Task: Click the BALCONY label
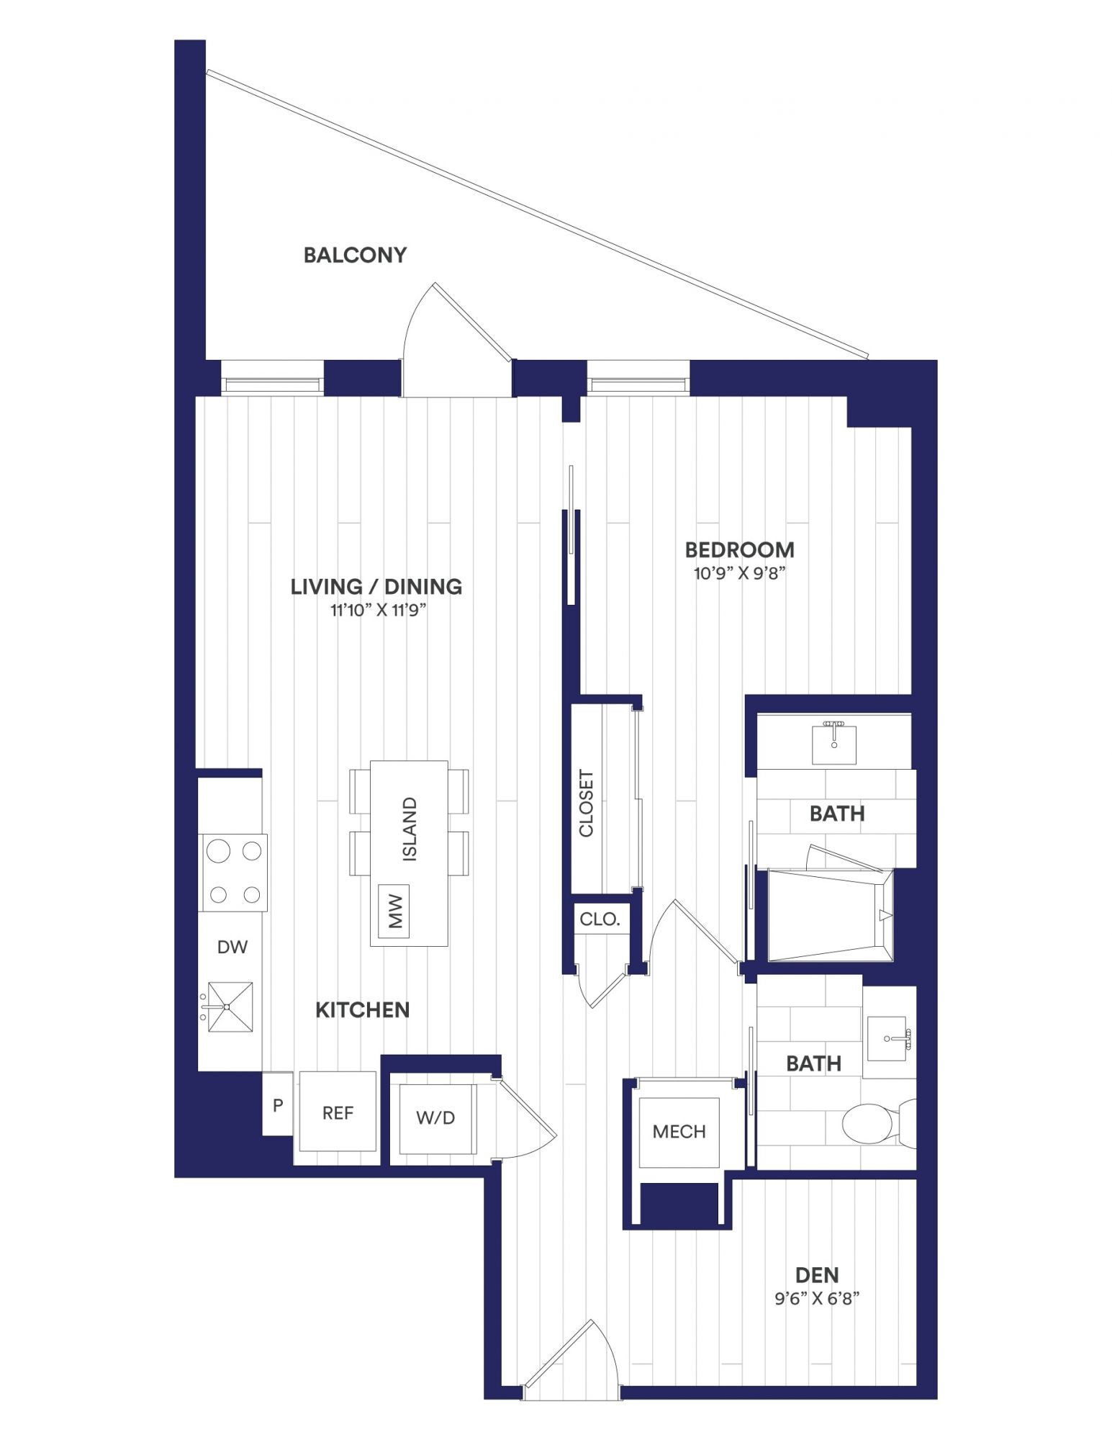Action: pos(355,255)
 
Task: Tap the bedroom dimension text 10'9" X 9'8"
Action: pos(739,574)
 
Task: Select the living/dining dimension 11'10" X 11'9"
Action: pos(379,611)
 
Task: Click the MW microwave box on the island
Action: pos(394,911)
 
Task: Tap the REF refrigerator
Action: pos(338,1112)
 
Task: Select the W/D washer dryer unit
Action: pos(435,1117)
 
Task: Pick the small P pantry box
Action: pos(278,1104)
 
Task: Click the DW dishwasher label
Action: pos(232,947)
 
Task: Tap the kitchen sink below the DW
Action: pos(230,1006)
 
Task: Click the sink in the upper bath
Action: pos(834,744)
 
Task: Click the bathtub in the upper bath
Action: pos(831,915)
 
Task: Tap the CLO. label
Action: pos(600,919)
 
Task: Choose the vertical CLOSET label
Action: pos(587,804)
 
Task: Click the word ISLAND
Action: pos(410,829)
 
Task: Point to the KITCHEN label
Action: pos(363,1010)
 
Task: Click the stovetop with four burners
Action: pos(233,873)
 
